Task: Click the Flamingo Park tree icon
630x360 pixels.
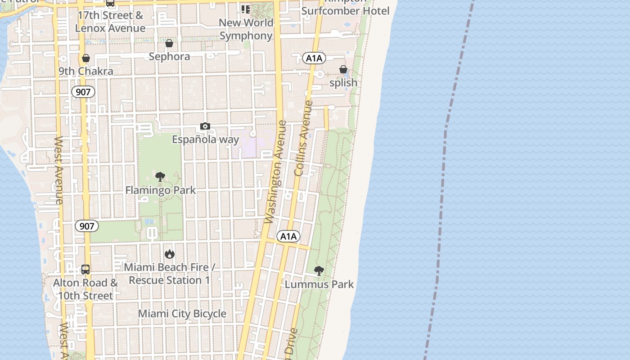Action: coord(160,176)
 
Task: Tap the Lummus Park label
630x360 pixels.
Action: coord(319,284)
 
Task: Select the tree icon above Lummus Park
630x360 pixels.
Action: coord(319,271)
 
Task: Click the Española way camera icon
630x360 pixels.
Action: coord(205,126)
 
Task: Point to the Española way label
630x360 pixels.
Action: coord(205,139)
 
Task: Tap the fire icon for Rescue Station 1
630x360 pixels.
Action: coord(169,254)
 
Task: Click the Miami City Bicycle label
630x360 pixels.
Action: coord(182,314)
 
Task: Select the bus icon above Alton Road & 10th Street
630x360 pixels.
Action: coord(85,270)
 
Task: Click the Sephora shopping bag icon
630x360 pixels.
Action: coord(169,43)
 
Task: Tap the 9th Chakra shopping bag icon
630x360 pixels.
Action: coord(85,58)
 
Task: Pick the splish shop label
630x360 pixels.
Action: coord(343,83)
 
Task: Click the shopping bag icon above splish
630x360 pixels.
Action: coord(343,69)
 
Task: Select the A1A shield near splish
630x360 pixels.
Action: coord(314,58)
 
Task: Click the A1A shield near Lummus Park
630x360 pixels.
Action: coord(288,237)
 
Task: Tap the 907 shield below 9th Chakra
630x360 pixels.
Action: coord(83,92)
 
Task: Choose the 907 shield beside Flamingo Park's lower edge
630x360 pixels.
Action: coord(86,226)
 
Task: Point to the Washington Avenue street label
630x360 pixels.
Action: coord(276,171)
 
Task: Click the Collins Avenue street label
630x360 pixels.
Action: coord(303,138)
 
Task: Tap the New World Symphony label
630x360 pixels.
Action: coord(246,29)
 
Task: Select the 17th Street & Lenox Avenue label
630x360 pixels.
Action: coord(110,22)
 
